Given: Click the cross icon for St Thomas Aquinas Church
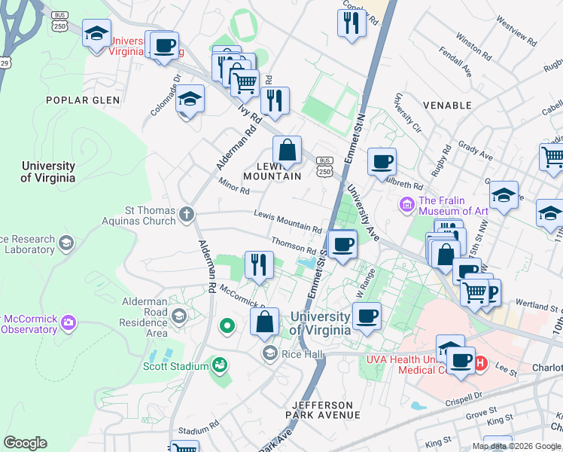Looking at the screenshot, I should pos(187,214).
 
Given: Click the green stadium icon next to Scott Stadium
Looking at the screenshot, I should pos(220,366).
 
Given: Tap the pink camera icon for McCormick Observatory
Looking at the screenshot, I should pos(69,323).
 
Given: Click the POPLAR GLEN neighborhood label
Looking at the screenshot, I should pos(78,100).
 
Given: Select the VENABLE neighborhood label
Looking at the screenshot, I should pos(447,105).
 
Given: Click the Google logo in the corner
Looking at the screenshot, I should pos(25,443).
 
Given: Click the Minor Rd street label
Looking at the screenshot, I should pos(234,185).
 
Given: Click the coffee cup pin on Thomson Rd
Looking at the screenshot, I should pos(343,244).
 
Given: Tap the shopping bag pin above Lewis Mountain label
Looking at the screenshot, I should pos(287,150).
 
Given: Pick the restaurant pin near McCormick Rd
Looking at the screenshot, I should pos(259,265).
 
